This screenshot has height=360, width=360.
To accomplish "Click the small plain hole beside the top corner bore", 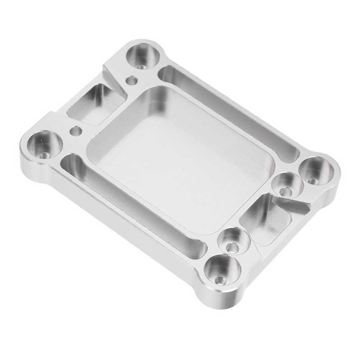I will coord(131,81).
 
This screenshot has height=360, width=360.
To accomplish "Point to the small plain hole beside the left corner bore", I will coord(76,131).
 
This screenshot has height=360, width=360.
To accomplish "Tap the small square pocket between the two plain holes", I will coord(95,104).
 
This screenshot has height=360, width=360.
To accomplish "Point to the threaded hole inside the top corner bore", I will coord(143,66).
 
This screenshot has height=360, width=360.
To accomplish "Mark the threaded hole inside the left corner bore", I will coord(45,155).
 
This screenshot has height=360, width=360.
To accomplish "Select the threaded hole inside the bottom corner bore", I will coord(219,280).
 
